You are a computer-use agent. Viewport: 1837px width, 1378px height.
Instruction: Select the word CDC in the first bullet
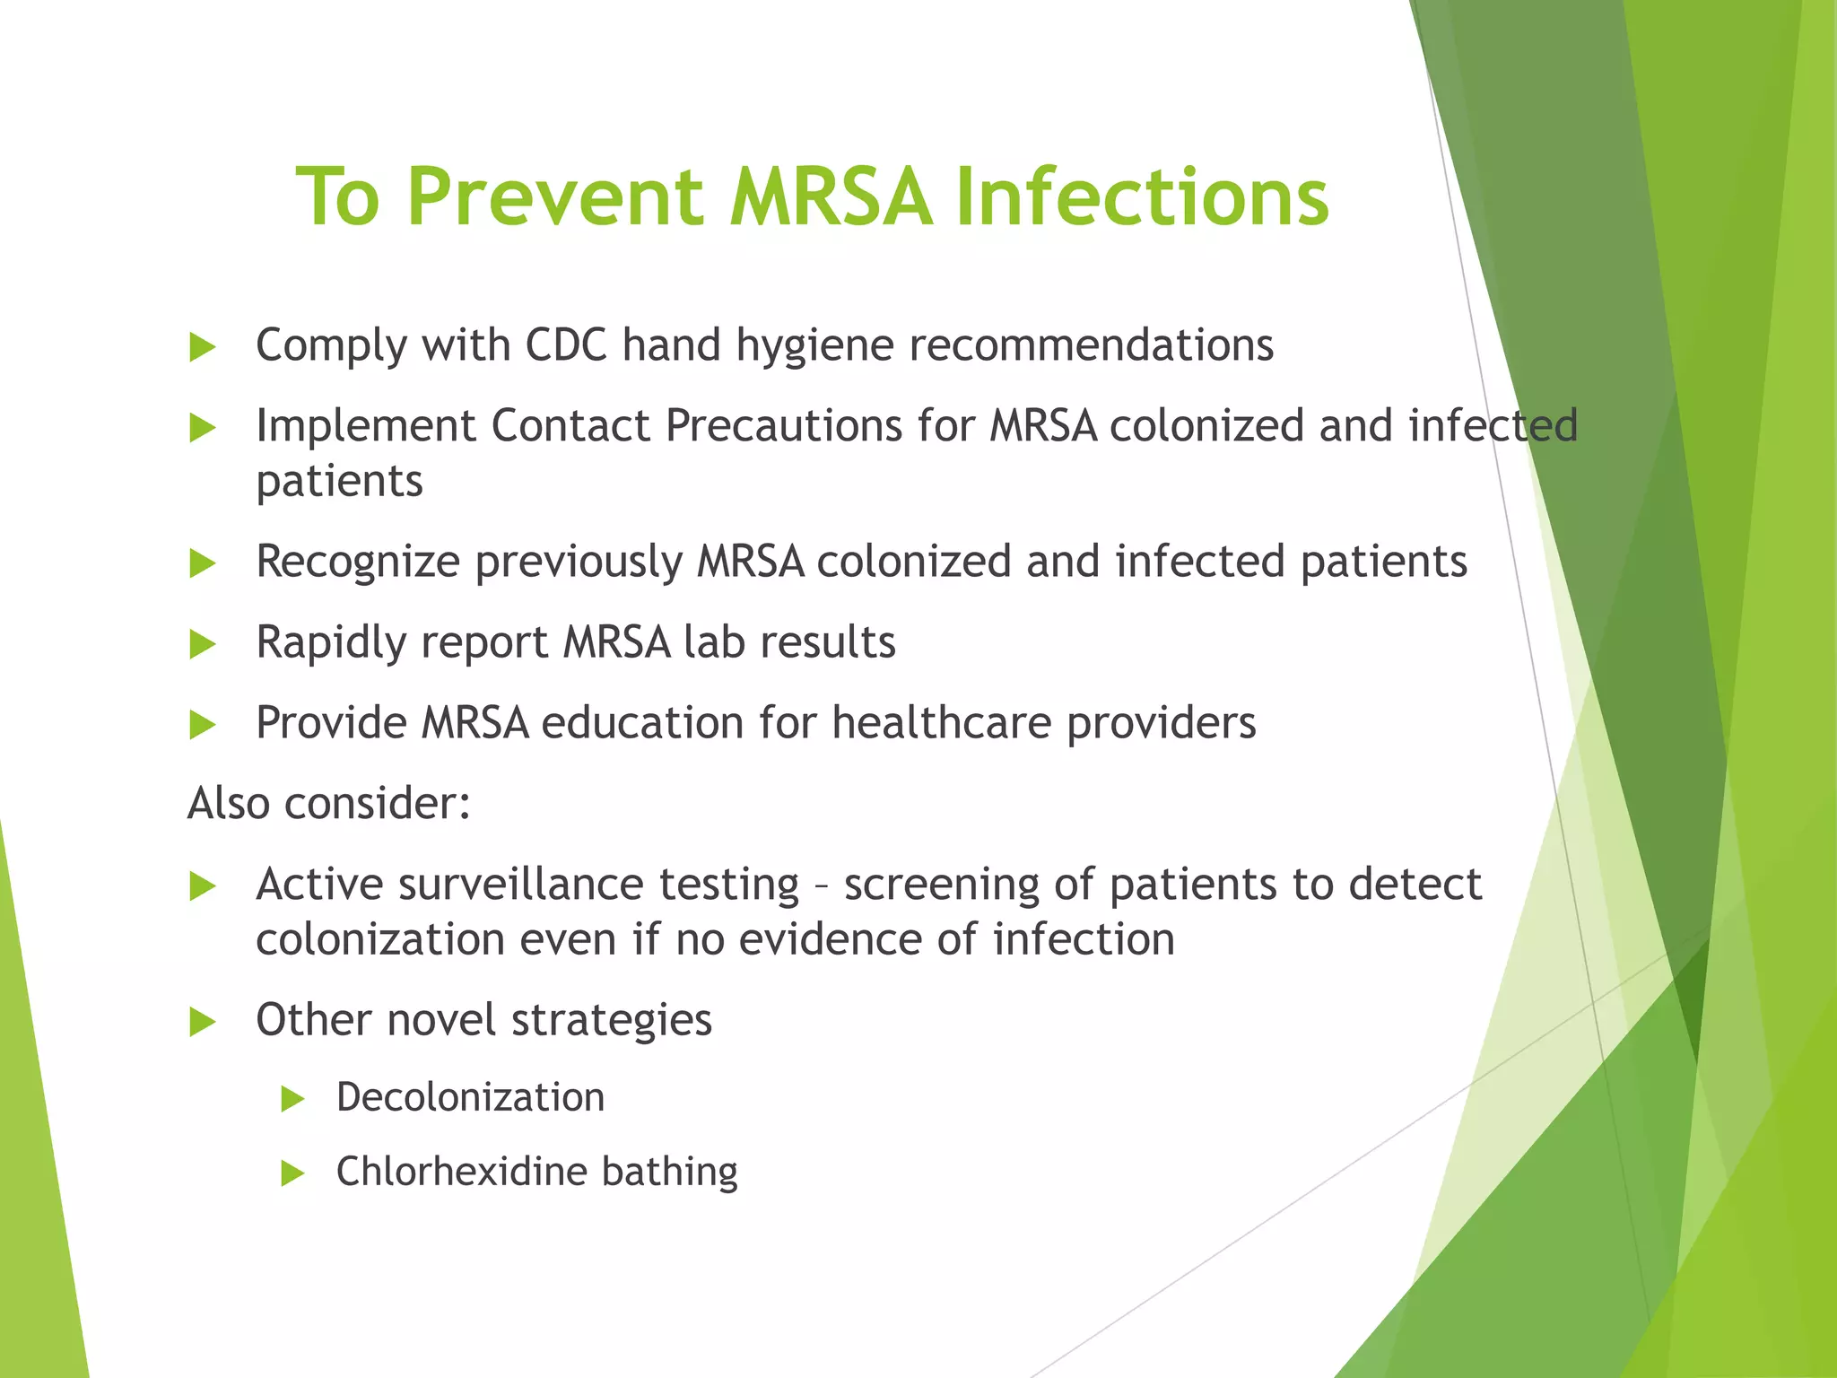[x=566, y=345]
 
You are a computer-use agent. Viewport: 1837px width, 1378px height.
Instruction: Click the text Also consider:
[x=328, y=803]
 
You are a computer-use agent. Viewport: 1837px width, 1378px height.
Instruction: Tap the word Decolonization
[x=470, y=1098]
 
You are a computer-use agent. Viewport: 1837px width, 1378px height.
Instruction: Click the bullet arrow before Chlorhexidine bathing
[x=292, y=1173]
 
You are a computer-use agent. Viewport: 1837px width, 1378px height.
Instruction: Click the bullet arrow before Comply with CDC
[x=203, y=348]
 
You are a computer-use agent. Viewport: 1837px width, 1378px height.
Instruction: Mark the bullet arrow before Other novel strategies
[x=203, y=1023]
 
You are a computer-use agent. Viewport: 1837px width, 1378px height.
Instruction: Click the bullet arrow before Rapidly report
[x=203, y=645]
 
